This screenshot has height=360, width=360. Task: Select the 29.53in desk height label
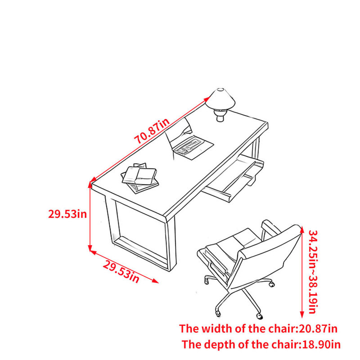[67, 214]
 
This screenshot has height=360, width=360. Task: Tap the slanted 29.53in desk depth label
[121, 272]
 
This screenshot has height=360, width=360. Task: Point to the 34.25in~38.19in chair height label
[313, 272]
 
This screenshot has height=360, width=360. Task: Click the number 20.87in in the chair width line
[318, 328]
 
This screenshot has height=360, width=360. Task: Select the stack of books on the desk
[140, 178]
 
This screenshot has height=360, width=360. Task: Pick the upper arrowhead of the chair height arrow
[302, 229]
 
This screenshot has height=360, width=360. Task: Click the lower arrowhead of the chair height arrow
[302, 315]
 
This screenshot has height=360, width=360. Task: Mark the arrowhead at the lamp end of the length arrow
[206, 99]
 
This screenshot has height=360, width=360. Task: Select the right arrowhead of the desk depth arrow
[155, 281]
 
